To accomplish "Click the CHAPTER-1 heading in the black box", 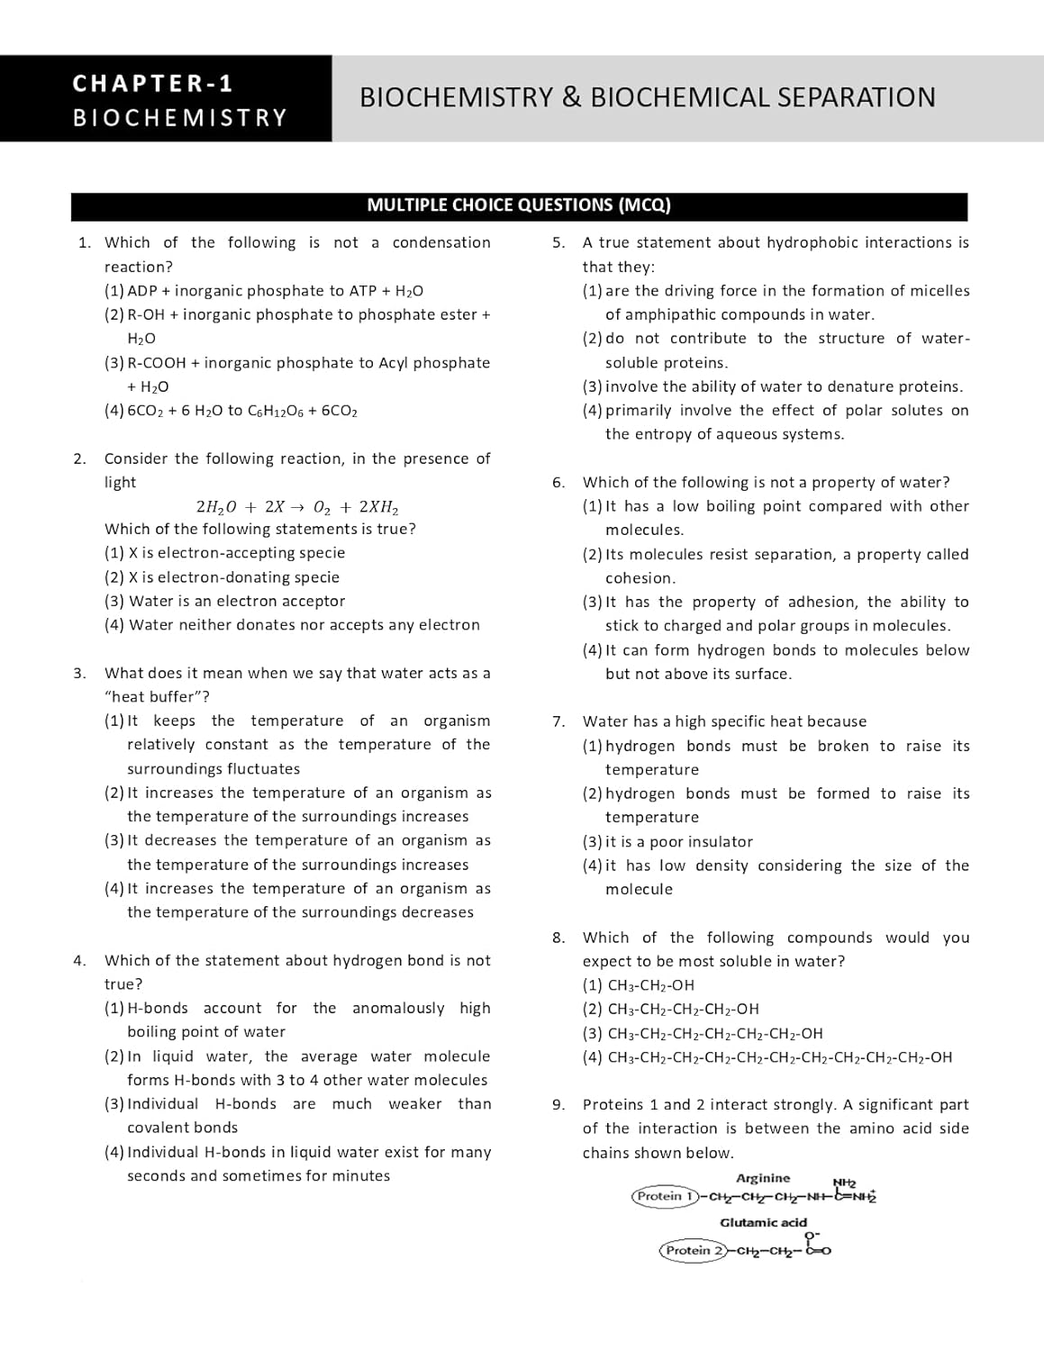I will [x=153, y=84].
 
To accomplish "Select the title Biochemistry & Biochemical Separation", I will [x=647, y=97].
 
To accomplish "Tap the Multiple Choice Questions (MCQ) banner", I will [x=519, y=205].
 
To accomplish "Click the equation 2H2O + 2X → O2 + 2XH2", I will [x=297, y=507].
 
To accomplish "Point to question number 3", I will [x=80, y=674].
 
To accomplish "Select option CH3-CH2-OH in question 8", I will [x=650, y=986].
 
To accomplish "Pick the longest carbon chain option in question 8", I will [x=779, y=1058].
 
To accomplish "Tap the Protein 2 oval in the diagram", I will [x=694, y=1250].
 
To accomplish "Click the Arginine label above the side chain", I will [x=763, y=1178].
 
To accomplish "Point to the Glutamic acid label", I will [x=763, y=1223].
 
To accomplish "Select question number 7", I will [x=558, y=722].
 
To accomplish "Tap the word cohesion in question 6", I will [x=640, y=578].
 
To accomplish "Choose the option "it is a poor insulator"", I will [x=678, y=842].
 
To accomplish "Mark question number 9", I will [x=558, y=1105].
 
